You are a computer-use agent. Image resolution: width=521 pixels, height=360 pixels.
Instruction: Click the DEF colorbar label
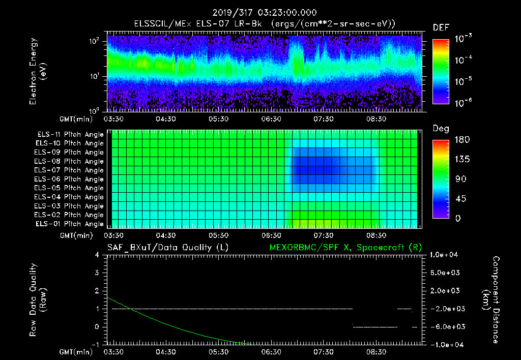point(441,27)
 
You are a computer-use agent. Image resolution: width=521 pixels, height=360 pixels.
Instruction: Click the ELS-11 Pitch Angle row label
point(70,134)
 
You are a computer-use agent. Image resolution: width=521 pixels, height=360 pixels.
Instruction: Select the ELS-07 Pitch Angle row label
point(70,170)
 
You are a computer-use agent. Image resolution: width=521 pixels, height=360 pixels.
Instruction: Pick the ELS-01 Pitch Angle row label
point(70,224)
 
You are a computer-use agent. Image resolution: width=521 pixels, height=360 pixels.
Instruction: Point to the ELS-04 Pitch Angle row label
point(70,197)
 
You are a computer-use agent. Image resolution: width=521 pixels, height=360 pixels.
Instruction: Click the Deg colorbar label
point(441,129)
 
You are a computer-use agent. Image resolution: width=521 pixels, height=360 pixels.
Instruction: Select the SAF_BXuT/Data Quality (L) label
point(167,247)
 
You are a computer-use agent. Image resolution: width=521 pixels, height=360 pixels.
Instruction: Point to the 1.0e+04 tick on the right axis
point(446,255)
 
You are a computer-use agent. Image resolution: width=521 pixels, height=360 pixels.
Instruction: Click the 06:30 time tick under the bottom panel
point(271,351)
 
